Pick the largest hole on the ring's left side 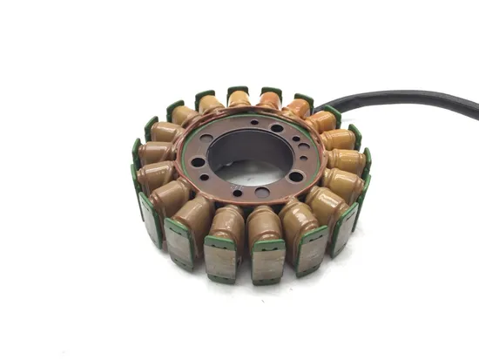click(x=199, y=161)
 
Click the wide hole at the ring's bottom click(x=262, y=192)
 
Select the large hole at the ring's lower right click(x=297, y=175)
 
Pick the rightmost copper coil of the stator click(x=347, y=161)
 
